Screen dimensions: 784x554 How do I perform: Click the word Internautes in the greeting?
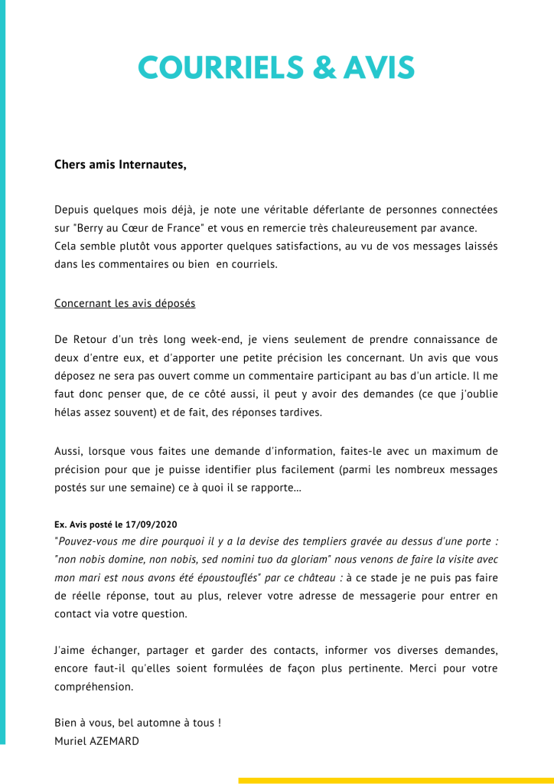click(x=152, y=165)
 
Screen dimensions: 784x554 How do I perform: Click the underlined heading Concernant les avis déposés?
click(x=125, y=304)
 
